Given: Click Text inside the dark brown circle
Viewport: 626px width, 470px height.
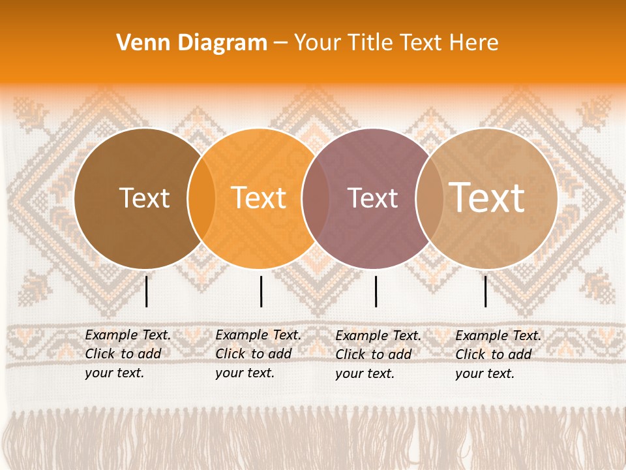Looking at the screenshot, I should (x=144, y=198).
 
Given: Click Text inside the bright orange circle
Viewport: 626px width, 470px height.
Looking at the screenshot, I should (x=258, y=198).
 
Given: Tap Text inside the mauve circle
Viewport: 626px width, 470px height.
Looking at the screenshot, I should (x=373, y=198).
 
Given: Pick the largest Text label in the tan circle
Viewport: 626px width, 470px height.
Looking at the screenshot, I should (x=487, y=197).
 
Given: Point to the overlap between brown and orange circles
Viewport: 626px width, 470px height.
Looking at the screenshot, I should (x=201, y=198).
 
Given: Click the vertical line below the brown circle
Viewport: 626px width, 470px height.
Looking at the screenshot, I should (x=146, y=291).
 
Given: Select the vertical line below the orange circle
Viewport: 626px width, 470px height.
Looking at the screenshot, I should (x=261, y=291).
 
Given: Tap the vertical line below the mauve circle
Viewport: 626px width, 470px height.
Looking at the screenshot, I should (x=376, y=291).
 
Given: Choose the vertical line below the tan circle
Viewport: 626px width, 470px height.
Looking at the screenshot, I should (x=485, y=291).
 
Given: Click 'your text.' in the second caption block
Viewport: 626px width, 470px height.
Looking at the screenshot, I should (x=245, y=373).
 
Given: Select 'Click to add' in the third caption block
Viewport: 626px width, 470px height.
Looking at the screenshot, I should (x=374, y=354).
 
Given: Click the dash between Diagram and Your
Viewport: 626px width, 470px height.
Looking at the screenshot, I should (x=280, y=43).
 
